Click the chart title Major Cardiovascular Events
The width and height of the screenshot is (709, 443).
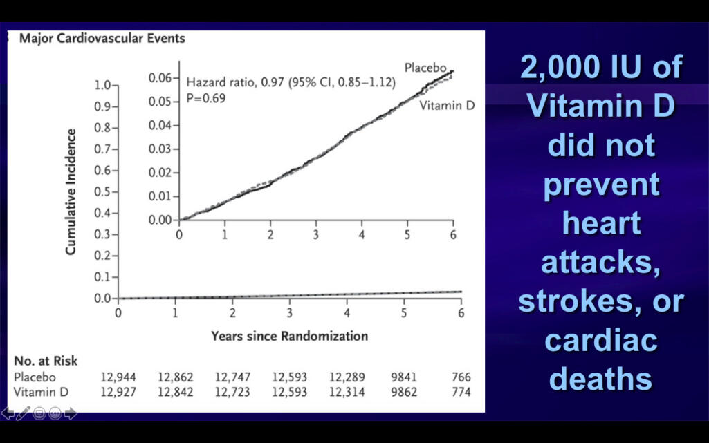tap(102, 39)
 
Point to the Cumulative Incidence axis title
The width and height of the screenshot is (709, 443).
tap(71, 191)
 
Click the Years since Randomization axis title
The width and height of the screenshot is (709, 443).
tap(289, 337)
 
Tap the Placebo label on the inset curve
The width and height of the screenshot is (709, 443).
tap(425, 68)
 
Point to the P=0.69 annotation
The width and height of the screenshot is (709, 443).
tap(205, 98)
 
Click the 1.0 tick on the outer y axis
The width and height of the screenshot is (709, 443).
tap(102, 85)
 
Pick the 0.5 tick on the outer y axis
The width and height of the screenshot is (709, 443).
tap(102, 191)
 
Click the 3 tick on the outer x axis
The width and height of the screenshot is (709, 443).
tap(290, 313)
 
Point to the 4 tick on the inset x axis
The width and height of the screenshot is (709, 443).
tap(362, 234)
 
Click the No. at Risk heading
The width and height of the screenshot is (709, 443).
tap(46, 361)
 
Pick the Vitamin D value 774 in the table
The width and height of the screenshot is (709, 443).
tap(461, 392)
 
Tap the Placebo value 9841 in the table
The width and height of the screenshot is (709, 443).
tap(405, 377)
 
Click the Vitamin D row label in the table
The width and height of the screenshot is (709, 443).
tap(38, 392)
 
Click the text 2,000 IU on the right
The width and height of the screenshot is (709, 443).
tap(601, 68)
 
